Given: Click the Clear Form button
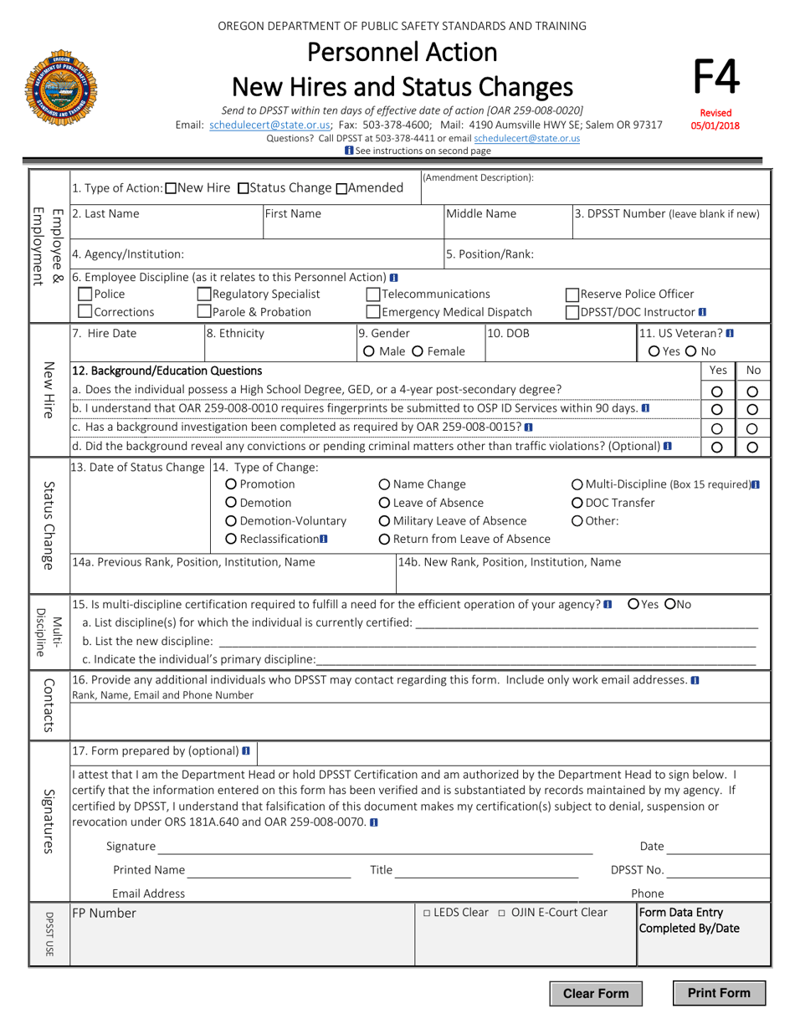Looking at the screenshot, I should [596, 994].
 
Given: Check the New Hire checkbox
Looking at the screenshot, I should [172, 188].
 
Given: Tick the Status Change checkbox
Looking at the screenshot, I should [244, 188].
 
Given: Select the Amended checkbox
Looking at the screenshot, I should [341, 188].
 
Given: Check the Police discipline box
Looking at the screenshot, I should [85, 294].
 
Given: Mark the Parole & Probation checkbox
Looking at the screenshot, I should [204, 312].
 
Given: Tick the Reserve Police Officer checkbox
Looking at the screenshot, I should [572, 294].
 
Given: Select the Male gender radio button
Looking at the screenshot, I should [363, 351].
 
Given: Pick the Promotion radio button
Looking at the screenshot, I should [232, 484].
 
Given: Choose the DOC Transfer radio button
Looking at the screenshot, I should [577, 503].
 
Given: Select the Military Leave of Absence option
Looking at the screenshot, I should [384, 521].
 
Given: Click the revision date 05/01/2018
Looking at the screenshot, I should [716, 126].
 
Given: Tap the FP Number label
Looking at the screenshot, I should [104, 914].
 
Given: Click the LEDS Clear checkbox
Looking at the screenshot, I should [427, 913].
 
